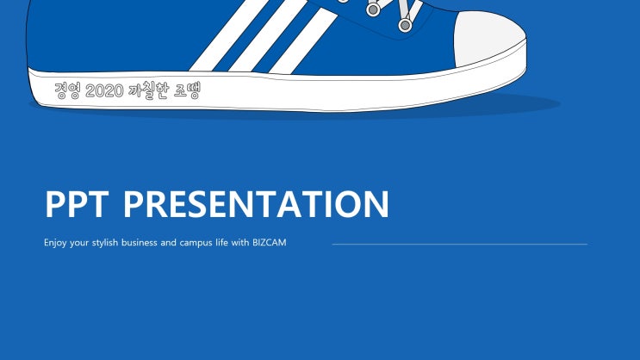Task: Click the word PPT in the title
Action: (x=77, y=204)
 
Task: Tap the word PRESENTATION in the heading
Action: (x=256, y=204)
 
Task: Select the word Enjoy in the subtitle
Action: (x=55, y=243)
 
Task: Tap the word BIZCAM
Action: (x=270, y=243)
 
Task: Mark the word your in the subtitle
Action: (x=79, y=243)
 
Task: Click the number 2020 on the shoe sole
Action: (x=104, y=90)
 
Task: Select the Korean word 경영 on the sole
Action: (x=68, y=90)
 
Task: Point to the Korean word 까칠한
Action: (x=148, y=90)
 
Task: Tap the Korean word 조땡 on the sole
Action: (x=187, y=90)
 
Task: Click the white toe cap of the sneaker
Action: (x=488, y=38)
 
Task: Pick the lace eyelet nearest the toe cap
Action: (x=405, y=25)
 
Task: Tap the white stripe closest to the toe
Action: (x=303, y=40)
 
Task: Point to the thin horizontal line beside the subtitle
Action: (x=460, y=245)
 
